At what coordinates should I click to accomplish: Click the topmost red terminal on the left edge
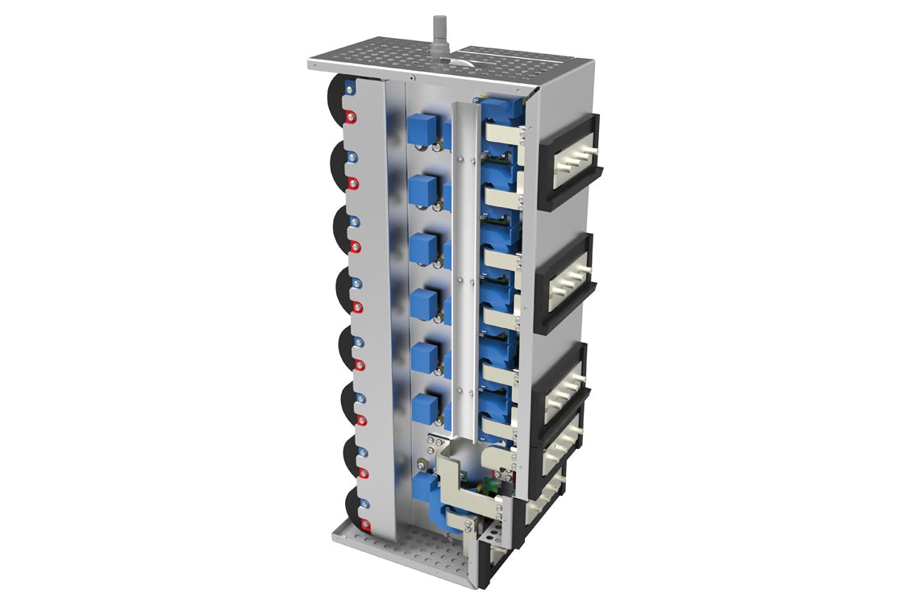pyautogui.click(x=351, y=118)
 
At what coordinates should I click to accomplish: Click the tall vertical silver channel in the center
pyautogui.click(x=467, y=266)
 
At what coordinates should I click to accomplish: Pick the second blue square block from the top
pyautogui.click(x=421, y=190)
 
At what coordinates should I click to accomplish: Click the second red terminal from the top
pyautogui.click(x=352, y=183)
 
